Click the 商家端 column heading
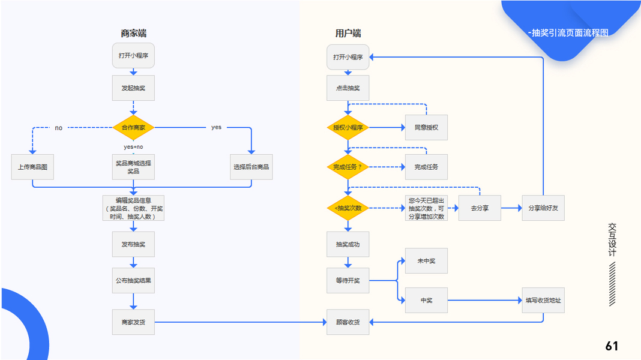click(x=133, y=34)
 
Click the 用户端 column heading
click(x=348, y=34)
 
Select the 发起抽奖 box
click(x=133, y=88)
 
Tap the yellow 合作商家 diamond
click(x=133, y=128)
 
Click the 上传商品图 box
click(x=32, y=167)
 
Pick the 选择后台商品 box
click(x=251, y=167)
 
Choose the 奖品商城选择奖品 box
click(x=133, y=167)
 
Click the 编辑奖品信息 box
click(x=133, y=208)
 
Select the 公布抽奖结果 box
click(x=133, y=280)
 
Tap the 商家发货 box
click(x=133, y=322)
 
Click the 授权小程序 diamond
click(x=348, y=128)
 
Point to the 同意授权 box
click(x=426, y=128)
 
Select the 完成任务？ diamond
click(x=348, y=167)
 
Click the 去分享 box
click(x=480, y=208)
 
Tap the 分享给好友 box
click(x=543, y=208)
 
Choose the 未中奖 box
click(x=426, y=261)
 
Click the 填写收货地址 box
click(x=543, y=300)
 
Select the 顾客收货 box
click(x=348, y=322)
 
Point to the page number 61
click(x=612, y=346)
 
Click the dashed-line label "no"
click(x=59, y=128)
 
